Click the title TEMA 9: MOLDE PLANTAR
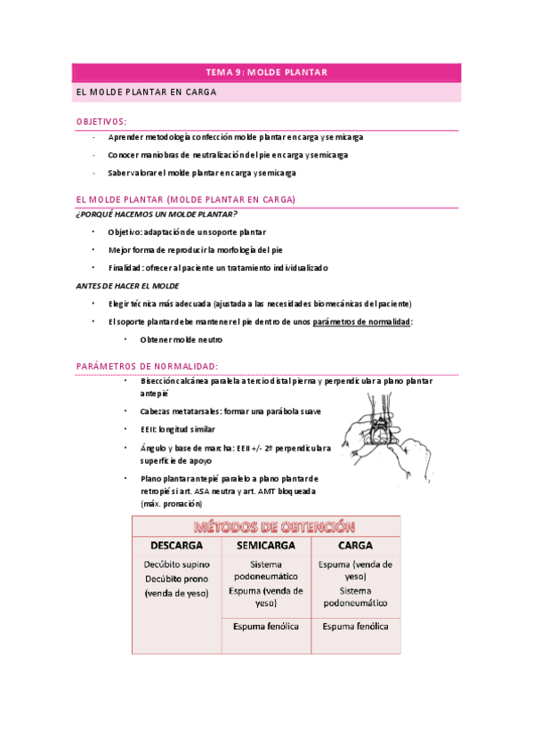click(x=266, y=72)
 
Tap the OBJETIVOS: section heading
click(x=101, y=121)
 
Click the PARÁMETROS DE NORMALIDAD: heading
click(x=147, y=366)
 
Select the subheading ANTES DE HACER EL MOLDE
click(x=127, y=286)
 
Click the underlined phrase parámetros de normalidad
click(x=361, y=321)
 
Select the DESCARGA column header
click(x=176, y=545)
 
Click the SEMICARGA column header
click(x=266, y=545)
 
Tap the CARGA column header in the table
click(x=355, y=545)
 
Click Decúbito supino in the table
click(x=176, y=564)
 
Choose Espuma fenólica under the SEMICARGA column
click(x=266, y=626)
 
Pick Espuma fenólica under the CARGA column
click(x=355, y=626)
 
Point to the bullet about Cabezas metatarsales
click(x=230, y=410)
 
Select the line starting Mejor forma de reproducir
click(x=195, y=250)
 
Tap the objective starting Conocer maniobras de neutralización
click(x=228, y=155)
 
